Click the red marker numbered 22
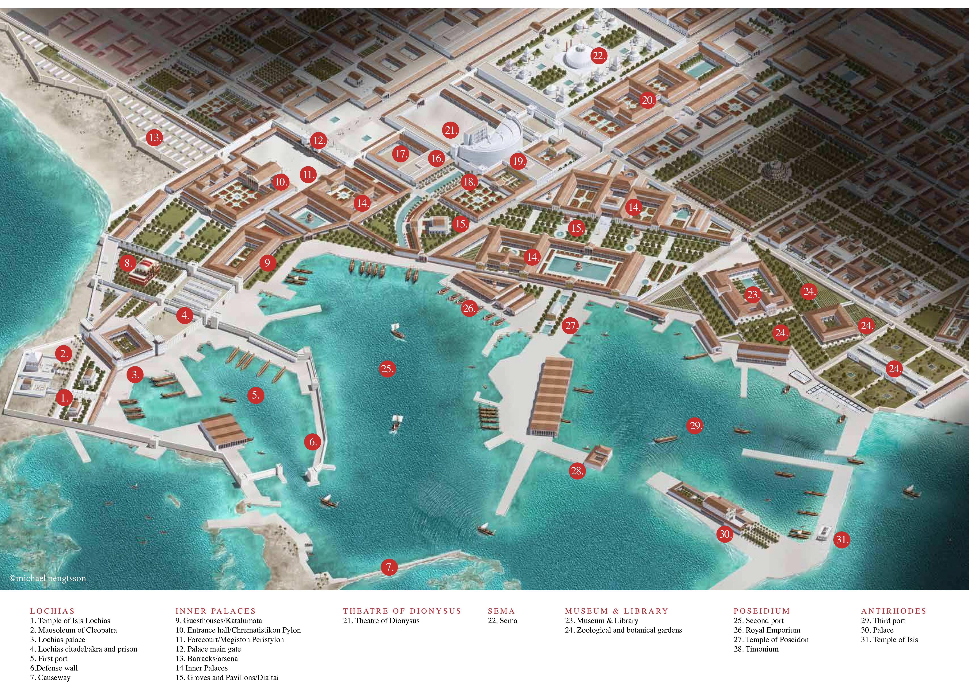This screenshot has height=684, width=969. click(x=598, y=56)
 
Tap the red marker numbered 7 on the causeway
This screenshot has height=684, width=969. click(x=389, y=567)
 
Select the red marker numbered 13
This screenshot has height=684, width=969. click(x=154, y=137)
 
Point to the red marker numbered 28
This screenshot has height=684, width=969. click(x=577, y=471)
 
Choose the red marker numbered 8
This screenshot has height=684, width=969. click(x=127, y=264)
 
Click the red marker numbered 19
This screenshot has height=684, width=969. click(x=518, y=161)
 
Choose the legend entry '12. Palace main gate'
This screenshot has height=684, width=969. click(x=208, y=649)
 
